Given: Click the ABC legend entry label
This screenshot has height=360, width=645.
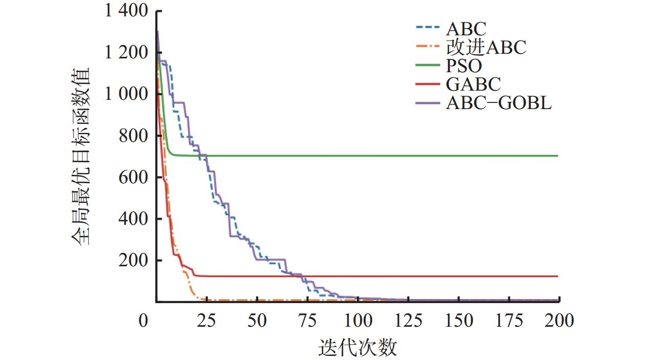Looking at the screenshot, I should [466, 29].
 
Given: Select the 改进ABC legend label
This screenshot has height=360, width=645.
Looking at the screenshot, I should [486, 48].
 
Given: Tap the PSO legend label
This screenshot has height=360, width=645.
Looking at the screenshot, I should [464, 66].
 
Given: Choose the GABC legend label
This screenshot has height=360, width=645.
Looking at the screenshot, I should [473, 84].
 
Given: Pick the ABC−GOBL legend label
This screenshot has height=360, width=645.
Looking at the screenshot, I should [498, 103].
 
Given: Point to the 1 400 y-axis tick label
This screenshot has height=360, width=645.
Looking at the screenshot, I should [127, 11].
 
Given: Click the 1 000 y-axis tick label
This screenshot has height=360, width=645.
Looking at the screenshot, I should [127, 94].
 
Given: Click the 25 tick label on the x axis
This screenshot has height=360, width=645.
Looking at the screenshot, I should [207, 321].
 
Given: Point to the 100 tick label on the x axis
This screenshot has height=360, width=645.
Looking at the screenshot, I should [358, 321].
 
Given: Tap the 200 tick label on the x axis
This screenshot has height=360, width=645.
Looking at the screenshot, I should [559, 321].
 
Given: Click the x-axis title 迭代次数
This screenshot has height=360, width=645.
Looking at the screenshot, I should [358, 348].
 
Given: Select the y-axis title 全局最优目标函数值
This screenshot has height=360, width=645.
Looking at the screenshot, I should [81, 156].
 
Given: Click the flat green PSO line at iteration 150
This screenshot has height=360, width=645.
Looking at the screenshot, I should [459, 156].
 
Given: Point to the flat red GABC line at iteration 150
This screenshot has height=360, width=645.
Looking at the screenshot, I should [459, 277].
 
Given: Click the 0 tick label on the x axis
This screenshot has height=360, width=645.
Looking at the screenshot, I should [143, 321].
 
